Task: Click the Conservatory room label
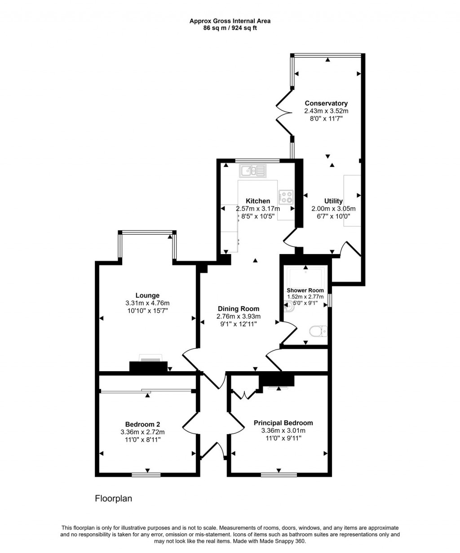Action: (x=326, y=103)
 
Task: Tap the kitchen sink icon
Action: (x=253, y=171)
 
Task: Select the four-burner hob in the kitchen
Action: (x=286, y=196)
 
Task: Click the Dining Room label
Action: (x=239, y=309)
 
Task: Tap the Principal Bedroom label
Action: (x=283, y=423)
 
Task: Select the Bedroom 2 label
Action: (x=142, y=424)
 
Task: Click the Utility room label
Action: (x=333, y=201)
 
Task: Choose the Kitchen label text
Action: (x=258, y=201)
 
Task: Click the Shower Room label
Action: (x=305, y=290)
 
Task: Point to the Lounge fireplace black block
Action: (x=148, y=367)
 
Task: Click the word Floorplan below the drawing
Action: (x=113, y=499)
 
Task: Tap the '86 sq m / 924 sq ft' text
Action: (x=230, y=28)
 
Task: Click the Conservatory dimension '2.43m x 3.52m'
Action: (x=326, y=111)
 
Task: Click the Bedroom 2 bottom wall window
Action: (x=146, y=474)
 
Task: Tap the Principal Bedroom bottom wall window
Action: (x=279, y=474)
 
